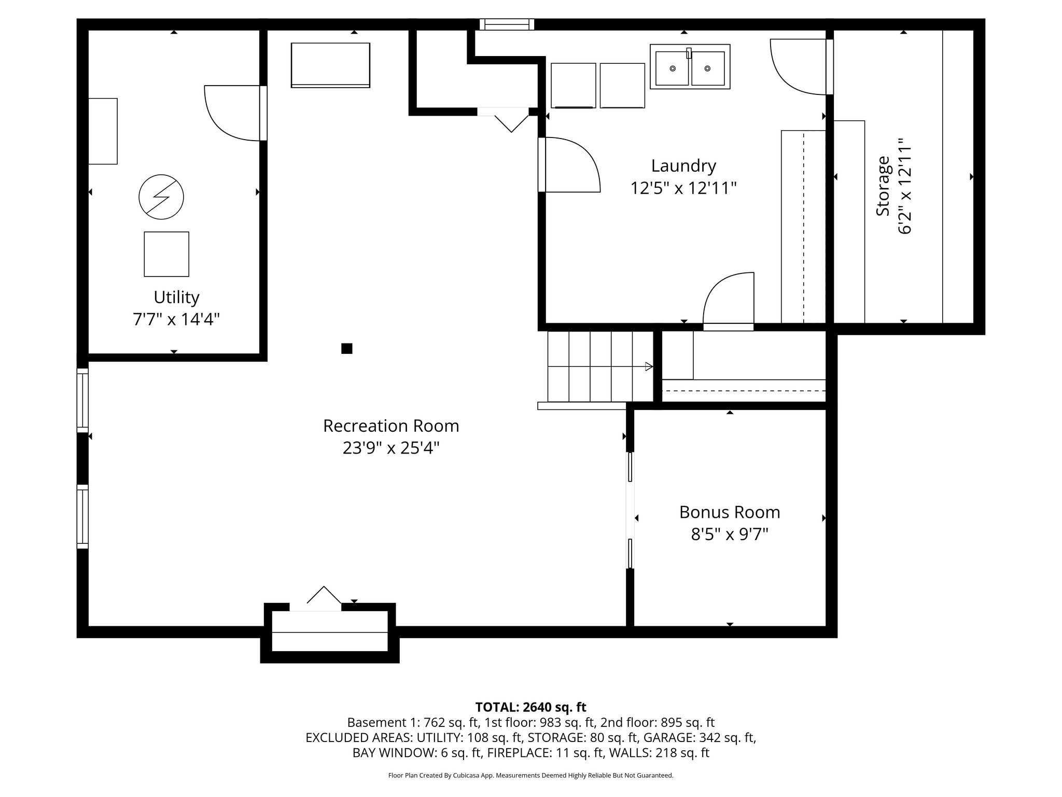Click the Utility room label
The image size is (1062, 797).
coord(176,297)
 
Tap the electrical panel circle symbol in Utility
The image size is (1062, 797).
coord(161,197)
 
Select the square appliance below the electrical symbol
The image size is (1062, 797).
coord(166,254)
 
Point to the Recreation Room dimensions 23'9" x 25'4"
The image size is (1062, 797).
coord(391,448)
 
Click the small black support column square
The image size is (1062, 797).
coord(347,348)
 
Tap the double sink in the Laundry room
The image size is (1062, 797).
coord(690,67)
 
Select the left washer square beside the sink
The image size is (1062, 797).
coord(573,85)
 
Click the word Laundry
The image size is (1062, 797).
coord(683,166)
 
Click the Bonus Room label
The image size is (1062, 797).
coord(730,512)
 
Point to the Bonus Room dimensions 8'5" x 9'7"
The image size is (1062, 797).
coord(730,534)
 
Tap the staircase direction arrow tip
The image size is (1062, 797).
coord(650,366)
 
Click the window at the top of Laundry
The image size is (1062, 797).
coord(507,24)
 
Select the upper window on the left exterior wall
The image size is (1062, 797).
coord(82,400)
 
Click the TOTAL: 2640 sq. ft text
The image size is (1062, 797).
coord(530,707)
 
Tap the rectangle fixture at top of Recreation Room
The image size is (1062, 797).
coord(330,65)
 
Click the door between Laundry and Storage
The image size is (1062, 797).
coord(830,67)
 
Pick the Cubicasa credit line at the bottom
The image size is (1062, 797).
coord(530,776)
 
